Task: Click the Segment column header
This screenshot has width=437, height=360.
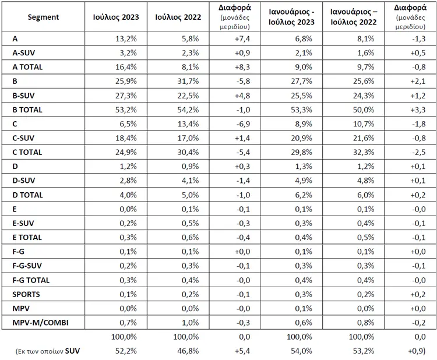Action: [x=43, y=17]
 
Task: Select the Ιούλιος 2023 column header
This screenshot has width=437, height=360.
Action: [x=116, y=17]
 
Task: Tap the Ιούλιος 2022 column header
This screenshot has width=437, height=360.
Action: [x=178, y=17]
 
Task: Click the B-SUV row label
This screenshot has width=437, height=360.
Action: [x=24, y=96]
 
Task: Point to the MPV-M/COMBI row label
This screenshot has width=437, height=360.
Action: [x=40, y=323]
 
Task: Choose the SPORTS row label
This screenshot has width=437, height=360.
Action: [x=26, y=294]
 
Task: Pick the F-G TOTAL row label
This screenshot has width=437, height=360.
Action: [x=31, y=280]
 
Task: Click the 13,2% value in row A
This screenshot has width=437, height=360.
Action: [x=126, y=38]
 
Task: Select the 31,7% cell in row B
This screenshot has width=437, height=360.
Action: [x=188, y=82]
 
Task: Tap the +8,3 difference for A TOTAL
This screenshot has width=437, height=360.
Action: [x=242, y=67]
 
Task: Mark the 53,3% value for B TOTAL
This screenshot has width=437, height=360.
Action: [x=302, y=110]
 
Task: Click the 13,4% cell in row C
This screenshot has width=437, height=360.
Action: [x=188, y=124]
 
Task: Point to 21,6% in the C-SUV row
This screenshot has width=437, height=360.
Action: [x=364, y=138]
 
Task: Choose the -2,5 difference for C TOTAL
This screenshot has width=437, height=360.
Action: [x=419, y=153]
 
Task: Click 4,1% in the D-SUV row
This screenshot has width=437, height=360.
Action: [x=191, y=181]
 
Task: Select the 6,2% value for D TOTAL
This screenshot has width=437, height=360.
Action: [x=304, y=195]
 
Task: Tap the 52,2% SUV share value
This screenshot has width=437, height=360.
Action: [x=126, y=351]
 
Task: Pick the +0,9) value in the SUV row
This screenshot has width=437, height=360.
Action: [x=417, y=351]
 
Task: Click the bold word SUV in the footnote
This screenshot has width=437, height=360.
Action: [x=72, y=351]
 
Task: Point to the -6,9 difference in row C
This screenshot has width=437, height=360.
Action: [x=243, y=124]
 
